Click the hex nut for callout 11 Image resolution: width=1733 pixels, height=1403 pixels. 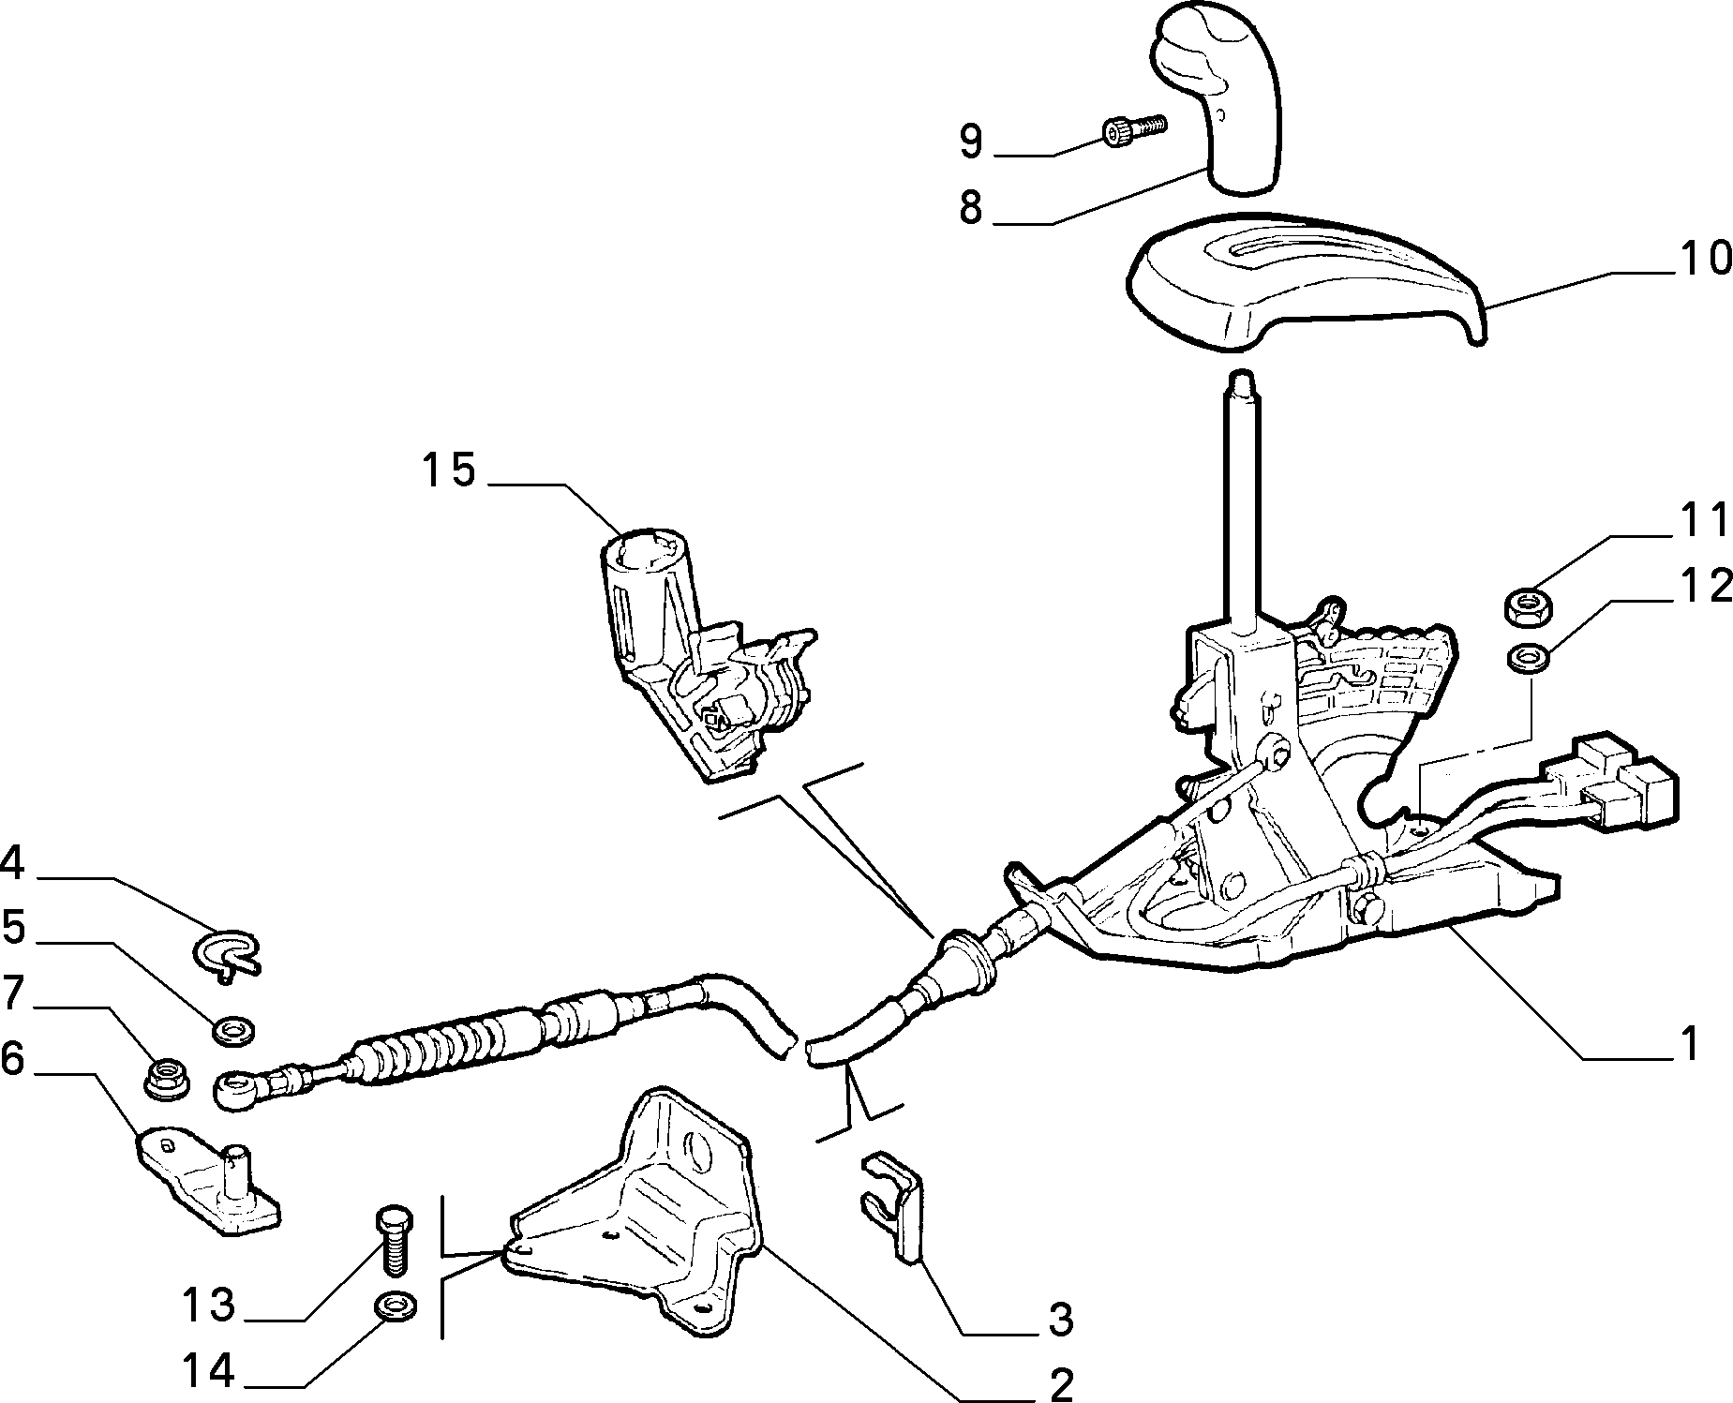[1529, 606]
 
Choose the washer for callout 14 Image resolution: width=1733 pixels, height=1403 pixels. [396, 1305]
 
